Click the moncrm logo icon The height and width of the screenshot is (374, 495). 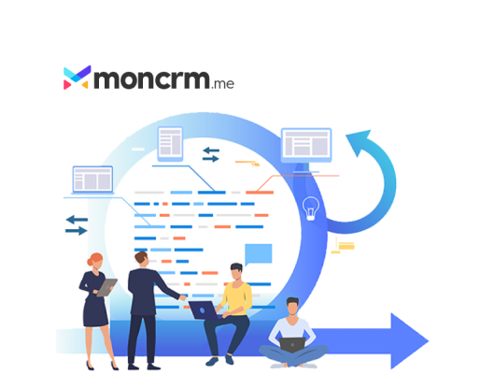pyautogui.click(x=77, y=78)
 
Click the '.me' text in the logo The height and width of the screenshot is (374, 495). pyautogui.click(x=222, y=84)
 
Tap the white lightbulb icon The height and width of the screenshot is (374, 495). pyautogui.click(x=311, y=209)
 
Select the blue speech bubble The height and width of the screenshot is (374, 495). pyautogui.click(x=258, y=254)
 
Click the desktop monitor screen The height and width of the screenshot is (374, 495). pyautogui.click(x=306, y=144)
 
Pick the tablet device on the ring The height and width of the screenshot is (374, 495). pyautogui.click(x=170, y=144)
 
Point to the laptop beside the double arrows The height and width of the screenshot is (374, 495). pyautogui.click(x=92, y=180)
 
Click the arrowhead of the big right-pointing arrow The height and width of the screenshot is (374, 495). pyautogui.click(x=409, y=340)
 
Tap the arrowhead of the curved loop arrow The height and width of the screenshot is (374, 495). pyautogui.click(x=360, y=141)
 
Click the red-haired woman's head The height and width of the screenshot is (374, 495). pyautogui.click(x=95, y=261)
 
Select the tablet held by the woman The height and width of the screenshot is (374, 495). pyautogui.click(x=106, y=287)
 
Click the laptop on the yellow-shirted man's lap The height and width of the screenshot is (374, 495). pyautogui.click(x=204, y=309)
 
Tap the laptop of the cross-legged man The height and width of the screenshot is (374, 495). pyautogui.click(x=292, y=345)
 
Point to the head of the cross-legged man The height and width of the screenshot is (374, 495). pyautogui.click(x=292, y=306)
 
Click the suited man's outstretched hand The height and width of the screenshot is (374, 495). pyautogui.click(x=183, y=297)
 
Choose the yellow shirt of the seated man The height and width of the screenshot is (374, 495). pyautogui.click(x=237, y=299)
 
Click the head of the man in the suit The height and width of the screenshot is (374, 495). pyautogui.click(x=142, y=259)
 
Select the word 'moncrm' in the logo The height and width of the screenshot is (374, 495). pyautogui.click(x=152, y=79)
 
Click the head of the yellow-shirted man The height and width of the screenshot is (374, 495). pyautogui.click(x=236, y=271)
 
